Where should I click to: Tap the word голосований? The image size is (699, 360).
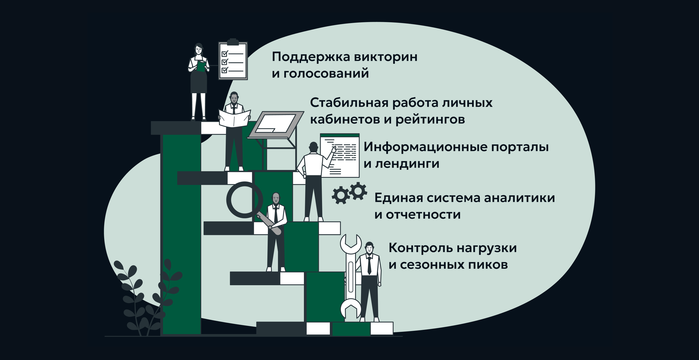(x=326, y=74)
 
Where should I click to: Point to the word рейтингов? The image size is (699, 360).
(x=430, y=120)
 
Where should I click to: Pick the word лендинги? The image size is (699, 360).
(x=407, y=164)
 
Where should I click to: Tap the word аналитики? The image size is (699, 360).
(x=519, y=198)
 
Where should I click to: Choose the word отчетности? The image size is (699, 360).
(x=423, y=215)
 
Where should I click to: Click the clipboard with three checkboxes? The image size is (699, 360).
(x=233, y=61)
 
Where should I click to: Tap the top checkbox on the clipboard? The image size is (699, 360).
(x=225, y=54)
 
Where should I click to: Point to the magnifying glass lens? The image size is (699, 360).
(x=244, y=200)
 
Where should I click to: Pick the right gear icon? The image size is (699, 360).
(x=358, y=191)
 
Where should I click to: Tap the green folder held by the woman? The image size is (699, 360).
(x=201, y=66)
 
